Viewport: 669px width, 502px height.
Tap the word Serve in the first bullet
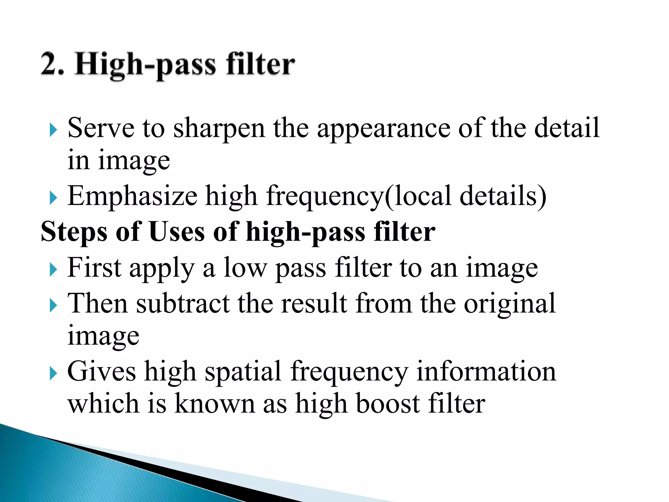(101, 128)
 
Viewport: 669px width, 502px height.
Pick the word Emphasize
(132, 196)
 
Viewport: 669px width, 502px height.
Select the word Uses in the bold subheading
(177, 231)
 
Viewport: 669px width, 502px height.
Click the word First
(94, 267)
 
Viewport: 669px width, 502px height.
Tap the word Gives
(102, 371)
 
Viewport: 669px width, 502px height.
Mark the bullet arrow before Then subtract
(53, 306)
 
